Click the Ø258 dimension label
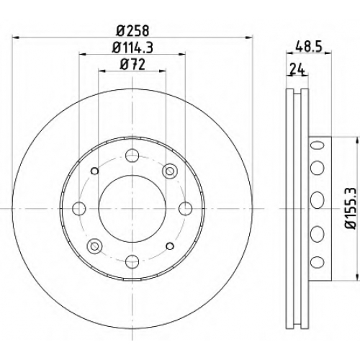point(132,31)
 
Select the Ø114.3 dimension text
point(132,48)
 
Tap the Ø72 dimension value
point(132,64)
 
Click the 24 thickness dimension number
point(297,70)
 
